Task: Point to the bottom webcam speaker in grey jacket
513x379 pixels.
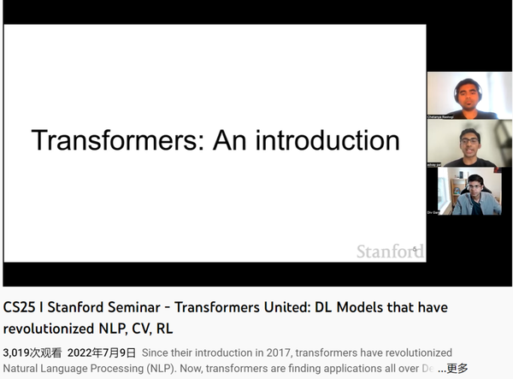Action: point(470,192)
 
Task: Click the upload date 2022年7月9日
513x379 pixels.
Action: point(103,352)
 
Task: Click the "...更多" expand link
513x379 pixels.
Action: point(452,369)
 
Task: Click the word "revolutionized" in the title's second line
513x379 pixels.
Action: point(44,328)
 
